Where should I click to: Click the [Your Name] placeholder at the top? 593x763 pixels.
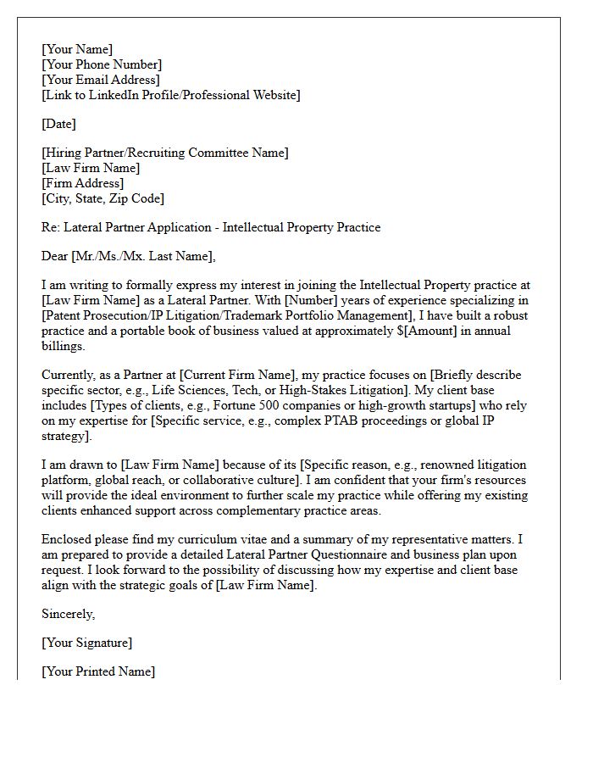tap(77, 49)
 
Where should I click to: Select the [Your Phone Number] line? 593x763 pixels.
tap(102, 64)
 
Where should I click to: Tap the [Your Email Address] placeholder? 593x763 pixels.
tap(100, 80)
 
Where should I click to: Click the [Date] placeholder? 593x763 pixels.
tap(58, 124)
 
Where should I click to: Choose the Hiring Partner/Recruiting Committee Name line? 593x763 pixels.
tap(165, 153)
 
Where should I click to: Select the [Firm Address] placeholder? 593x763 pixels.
tap(82, 183)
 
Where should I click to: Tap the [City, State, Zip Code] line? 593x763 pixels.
tap(103, 198)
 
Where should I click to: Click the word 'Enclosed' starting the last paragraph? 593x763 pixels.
tap(68, 539)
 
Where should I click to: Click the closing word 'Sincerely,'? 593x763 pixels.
tap(69, 614)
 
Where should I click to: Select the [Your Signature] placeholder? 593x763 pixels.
tap(86, 643)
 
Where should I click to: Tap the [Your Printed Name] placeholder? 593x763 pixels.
tap(98, 671)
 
